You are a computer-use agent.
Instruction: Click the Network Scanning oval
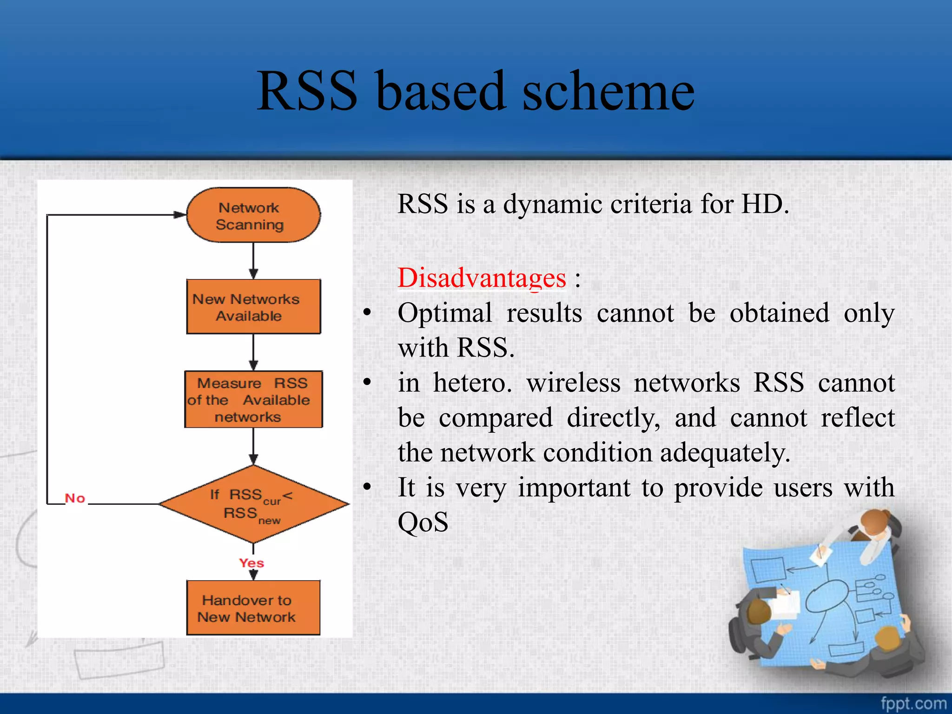253,215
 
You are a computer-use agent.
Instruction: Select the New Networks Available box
253,307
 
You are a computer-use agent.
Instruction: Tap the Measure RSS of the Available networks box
253,399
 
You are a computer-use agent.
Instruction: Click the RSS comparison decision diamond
253,504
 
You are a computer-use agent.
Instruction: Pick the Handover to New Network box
253,608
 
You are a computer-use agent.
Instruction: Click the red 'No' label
75,498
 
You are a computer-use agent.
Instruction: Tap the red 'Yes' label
251,563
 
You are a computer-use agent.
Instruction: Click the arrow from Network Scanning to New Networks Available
253,260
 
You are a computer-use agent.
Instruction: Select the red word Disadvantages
482,278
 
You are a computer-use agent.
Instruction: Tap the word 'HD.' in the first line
765,204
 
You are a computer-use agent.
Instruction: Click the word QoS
423,522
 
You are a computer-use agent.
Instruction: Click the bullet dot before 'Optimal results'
367,312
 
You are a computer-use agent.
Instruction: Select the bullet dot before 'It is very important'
367,487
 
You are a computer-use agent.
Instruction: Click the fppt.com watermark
913,703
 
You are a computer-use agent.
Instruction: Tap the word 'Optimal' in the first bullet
444,313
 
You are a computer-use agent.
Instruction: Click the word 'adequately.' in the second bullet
725,453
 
